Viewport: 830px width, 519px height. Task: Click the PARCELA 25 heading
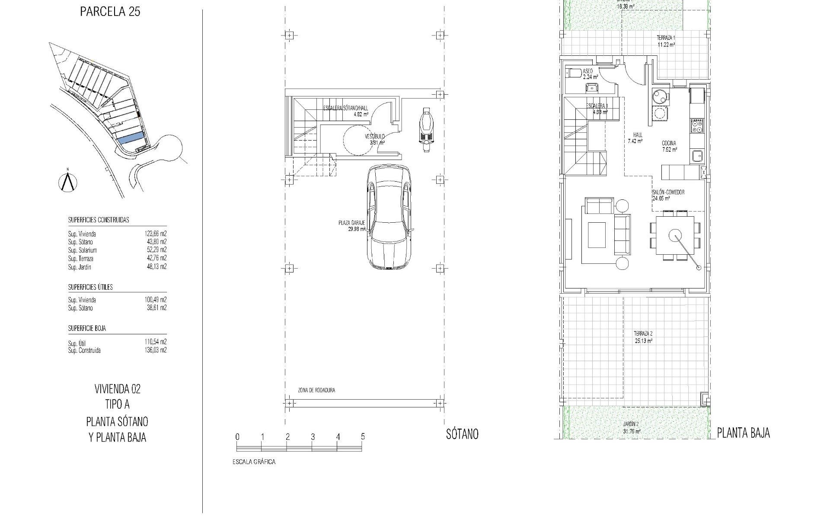pyautogui.click(x=110, y=12)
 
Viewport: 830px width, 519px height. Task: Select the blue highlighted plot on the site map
pyautogui.click(x=131, y=138)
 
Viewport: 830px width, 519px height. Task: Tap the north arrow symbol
pyautogui.click(x=67, y=182)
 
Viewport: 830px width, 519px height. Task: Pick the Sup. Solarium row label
pyautogui.click(x=82, y=250)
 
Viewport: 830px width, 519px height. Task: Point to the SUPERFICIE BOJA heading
pyautogui.click(x=87, y=328)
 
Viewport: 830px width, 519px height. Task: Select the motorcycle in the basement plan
pyautogui.click(x=426, y=129)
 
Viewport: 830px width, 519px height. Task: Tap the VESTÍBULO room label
pyautogui.click(x=374, y=137)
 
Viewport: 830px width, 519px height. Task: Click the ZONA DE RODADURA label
pyautogui.click(x=316, y=390)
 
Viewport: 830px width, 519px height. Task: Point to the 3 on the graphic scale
pyautogui.click(x=313, y=437)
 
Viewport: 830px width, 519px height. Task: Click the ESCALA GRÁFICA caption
pyautogui.click(x=254, y=462)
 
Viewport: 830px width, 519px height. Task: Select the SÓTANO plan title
pyautogui.click(x=462, y=434)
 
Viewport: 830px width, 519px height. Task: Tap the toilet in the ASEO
pyautogui.click(x=571, y=74)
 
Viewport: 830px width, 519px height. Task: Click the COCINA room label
pyautogui.click(x=669, y=144)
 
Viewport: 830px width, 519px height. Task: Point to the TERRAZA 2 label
pyautogui.click(x=643, y=334)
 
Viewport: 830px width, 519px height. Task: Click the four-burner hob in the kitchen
pyautogui.click(x=697, y=126)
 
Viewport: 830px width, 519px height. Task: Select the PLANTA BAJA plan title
pyautogui.click(x=743, y=433)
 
